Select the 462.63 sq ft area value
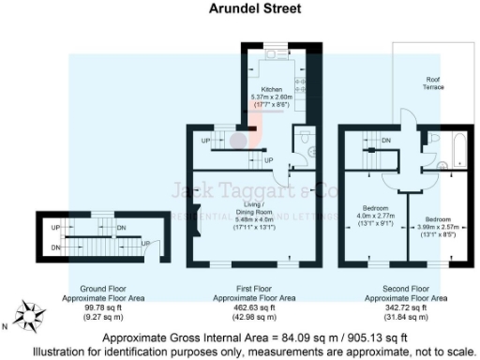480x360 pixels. pos(254,307)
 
